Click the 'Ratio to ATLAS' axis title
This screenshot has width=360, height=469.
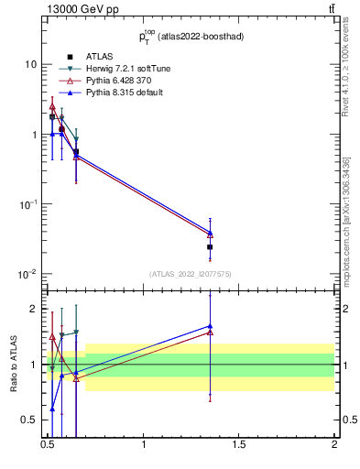12,365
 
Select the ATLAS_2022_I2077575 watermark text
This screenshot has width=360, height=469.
189,273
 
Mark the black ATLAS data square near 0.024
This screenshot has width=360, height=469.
211,247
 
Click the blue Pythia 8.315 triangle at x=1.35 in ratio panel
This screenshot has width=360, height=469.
211,325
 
